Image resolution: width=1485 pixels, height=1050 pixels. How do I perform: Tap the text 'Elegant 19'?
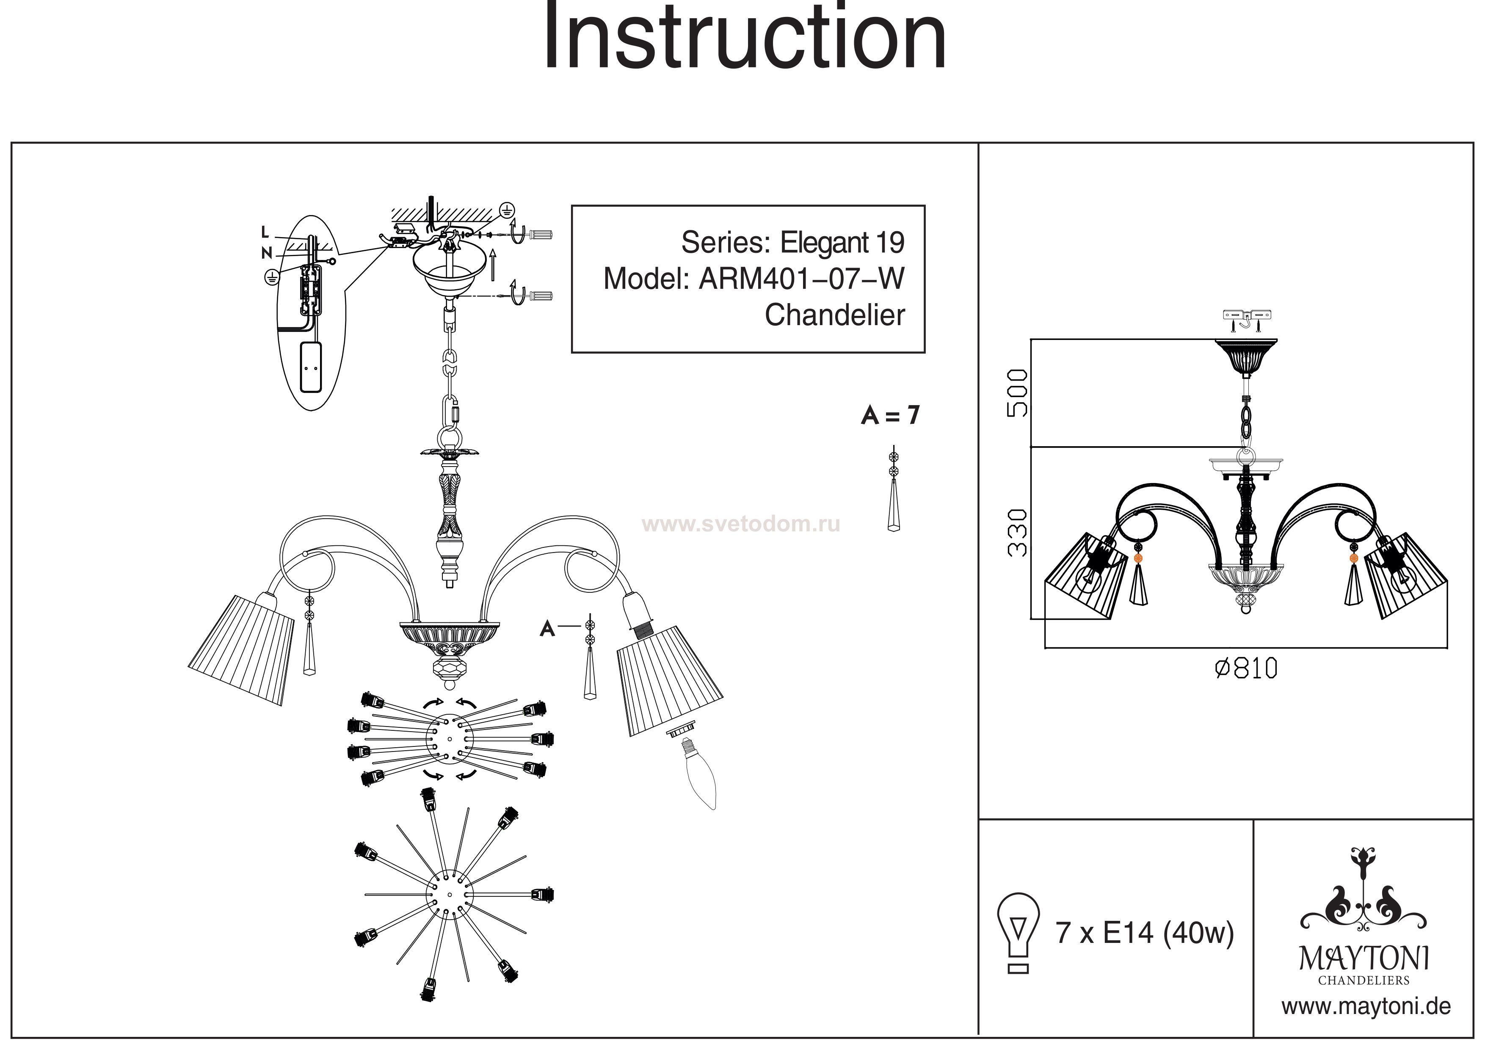842,243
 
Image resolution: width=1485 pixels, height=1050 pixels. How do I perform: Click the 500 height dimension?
1017,393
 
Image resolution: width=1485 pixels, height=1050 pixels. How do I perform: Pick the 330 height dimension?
1017,533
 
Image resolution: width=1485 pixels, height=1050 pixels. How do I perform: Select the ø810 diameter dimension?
1246,668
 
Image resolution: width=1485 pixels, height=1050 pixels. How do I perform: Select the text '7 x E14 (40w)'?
1145,934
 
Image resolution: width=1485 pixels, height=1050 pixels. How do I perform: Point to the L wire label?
265,232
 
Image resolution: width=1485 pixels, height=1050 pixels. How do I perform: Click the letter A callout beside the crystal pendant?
547,628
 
